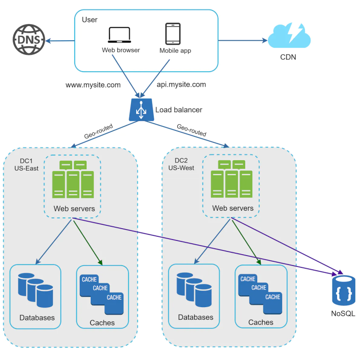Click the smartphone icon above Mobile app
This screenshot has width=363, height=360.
(173, 34)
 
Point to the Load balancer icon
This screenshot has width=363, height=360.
(140, 109)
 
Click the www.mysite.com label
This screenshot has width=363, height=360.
(93, 85)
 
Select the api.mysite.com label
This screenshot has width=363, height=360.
(181, 85)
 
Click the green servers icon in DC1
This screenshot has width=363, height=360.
(73, 180)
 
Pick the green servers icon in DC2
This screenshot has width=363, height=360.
(232, 180)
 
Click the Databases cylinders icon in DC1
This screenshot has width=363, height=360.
(35, 290)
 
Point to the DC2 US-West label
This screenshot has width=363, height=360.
(181, 164)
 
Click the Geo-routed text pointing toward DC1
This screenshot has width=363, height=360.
(99, 130)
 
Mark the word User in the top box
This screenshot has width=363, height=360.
(90, 19)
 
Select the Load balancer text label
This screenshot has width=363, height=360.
(179, 110)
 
